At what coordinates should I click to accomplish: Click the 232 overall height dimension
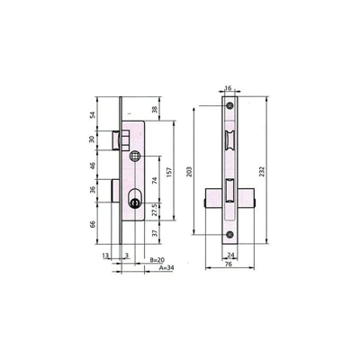coord(262,171)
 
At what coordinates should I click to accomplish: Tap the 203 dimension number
coord(189,171)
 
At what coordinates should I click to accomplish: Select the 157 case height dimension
coord(170,172)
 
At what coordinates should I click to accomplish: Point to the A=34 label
coord(166,267)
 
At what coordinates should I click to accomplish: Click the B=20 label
coord(157,260)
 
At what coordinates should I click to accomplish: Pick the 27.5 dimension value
coord(155,210)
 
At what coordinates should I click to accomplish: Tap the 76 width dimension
coord(229,264)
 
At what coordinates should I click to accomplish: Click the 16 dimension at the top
coord(228,88)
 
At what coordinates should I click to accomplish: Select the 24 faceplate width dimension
coord(230,255)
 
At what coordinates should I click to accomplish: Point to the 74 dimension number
coord(155,181)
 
